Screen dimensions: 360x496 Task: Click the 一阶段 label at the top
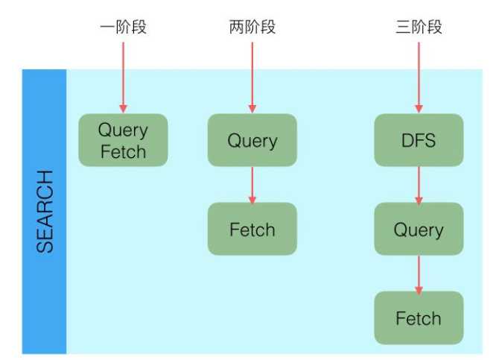[x=123, y=28]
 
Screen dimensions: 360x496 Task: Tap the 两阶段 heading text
[x=252, y=28]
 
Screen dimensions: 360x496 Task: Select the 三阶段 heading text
[x=419, y=28]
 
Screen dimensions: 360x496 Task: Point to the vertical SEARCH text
[x=45, y=212]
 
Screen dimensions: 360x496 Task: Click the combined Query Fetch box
[x=123, y=141]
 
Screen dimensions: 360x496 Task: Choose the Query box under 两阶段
[x=252, y=140]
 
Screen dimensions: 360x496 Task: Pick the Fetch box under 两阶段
[x=252, y=230]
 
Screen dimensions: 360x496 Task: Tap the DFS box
[x=419, y=140]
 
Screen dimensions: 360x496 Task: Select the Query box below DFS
[x=419, y=230]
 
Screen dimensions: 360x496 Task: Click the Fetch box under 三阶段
[x=419, y=318]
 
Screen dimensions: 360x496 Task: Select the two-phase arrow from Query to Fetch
[x=252, y=184]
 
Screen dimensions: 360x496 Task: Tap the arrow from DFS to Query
[x=419, y=184]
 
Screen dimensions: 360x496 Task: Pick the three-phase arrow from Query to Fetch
[x=419, y=274]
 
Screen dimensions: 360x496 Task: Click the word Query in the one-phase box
[x=123, y=130]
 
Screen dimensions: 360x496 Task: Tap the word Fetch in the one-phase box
[x=123, y=152]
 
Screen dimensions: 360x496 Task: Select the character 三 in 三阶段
[x=403, y=28]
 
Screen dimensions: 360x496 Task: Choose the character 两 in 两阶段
[x=237, y=28]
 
